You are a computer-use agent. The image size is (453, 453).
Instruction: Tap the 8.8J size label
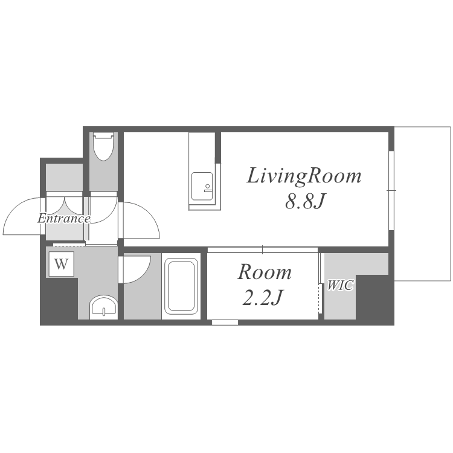tap(306, 201)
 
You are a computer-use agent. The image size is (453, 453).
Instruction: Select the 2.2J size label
tap(262, 297)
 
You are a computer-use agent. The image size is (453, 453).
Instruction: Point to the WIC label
tap(340, 286)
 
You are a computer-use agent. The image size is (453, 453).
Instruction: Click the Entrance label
tap(64, 219)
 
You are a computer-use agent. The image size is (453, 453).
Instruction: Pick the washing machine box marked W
tap(61, 264)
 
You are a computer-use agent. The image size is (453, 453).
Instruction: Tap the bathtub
tap(181, 286)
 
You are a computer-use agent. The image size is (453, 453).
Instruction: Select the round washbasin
tap(103, 307)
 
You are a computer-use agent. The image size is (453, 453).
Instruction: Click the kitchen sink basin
tap(202, 187)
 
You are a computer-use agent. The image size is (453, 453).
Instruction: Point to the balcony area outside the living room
tap(422, 204)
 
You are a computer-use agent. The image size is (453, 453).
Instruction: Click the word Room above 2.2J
tap(265, 272)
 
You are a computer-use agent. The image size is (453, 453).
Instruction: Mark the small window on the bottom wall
tap(225, 323)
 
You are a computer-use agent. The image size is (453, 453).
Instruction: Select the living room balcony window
tap(391, 190)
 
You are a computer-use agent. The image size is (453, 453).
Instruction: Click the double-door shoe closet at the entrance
tap(65, 203)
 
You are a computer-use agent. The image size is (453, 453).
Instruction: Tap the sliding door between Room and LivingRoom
tap(262, 249)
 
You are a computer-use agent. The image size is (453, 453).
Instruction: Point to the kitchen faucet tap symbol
tap(208, 188)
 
